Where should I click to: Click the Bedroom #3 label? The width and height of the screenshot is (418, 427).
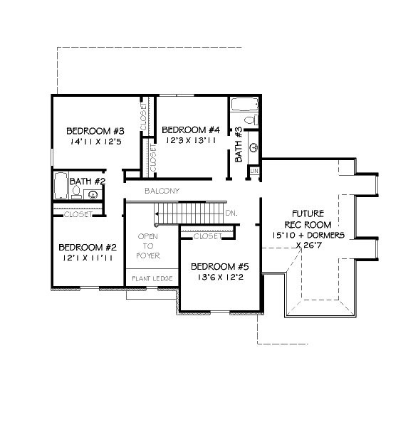pos(95,131)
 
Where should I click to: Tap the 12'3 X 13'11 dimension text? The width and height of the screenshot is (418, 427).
pos(191,140)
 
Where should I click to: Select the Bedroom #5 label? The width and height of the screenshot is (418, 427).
pos(220,267)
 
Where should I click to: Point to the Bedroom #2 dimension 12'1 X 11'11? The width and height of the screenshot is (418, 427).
pos(88,258)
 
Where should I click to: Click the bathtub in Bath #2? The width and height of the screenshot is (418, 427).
pos(61,186)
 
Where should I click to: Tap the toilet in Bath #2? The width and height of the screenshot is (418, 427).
pos(76,192)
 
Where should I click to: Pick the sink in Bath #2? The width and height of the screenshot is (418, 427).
pos(93,194)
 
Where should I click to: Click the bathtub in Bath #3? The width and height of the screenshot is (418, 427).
pos(244,105)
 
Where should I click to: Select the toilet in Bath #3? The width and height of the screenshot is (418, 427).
pos(251,120)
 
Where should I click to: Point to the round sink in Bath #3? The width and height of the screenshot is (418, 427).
pos(254,147)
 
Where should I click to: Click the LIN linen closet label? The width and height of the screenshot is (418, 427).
pos(254,171)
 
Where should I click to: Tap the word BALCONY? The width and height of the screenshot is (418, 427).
pos(162,191)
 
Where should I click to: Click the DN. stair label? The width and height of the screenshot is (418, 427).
pos(231,213)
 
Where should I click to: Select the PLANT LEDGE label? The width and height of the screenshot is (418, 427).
pos(152,278)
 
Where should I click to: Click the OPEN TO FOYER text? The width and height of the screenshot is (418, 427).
pos(148,246)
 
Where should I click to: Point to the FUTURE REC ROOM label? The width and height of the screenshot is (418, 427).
pos(308,219)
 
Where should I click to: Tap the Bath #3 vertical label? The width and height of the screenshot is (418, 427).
pos(239,144)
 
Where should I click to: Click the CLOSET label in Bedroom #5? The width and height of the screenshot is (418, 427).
pos(208,236)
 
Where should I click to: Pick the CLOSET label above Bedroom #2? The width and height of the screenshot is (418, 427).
pos(78,214)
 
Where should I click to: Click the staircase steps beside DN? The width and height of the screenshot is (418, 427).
pos(190,213)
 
